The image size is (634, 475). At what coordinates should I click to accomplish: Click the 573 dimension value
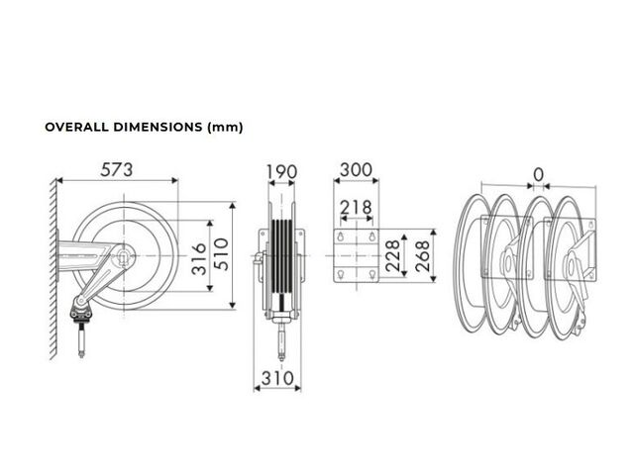[117, 169]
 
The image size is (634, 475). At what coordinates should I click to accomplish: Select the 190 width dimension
[281, 172]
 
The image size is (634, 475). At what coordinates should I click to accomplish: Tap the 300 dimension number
[356, 170]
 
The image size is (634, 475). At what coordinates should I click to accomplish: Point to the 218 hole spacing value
[356, 207]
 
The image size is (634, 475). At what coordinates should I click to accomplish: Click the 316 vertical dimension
[199, 259]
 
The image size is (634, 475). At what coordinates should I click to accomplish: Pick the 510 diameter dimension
[221, 254]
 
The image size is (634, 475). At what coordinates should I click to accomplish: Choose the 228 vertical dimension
[392, 255]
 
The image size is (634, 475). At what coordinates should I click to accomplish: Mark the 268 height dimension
[422, 255]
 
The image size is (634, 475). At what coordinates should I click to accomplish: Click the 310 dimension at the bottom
[277, 378]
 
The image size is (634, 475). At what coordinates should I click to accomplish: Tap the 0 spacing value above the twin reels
[538, 175]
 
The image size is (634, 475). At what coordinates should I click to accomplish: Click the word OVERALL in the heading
[77, 127]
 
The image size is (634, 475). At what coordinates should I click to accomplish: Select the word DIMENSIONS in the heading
[158, 127]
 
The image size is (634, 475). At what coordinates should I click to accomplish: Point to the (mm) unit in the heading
[225, 128]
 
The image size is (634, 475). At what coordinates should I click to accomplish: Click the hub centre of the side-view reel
[124, 255]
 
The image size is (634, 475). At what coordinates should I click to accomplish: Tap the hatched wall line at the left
[53, 269]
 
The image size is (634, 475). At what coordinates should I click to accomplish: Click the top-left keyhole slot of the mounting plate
[341, 237]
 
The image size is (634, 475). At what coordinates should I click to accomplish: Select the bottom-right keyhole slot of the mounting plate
[372, 275]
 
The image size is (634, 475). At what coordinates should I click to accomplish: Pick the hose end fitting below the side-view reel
[81, 339]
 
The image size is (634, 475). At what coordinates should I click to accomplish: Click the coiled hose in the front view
[281, 257]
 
